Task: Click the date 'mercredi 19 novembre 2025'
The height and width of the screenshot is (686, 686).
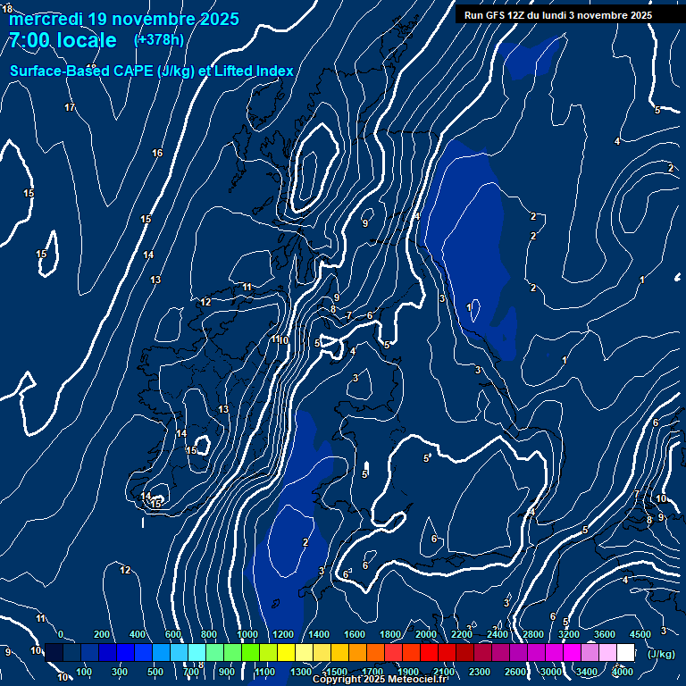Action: pos(123,19)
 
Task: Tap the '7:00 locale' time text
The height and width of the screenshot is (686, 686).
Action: pos(62,40)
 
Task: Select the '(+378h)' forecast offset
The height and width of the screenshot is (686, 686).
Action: pos(158,40)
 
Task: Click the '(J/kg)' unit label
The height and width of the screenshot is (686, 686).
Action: pos(660,654)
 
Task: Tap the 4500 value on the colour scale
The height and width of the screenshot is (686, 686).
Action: pos(640,634)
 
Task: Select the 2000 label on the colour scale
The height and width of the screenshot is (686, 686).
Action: pos(426,634)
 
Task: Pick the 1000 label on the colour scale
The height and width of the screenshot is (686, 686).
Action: pos(247,634)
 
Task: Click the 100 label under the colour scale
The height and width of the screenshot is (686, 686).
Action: pos(85,672)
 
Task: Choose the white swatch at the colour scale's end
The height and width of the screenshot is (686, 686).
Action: pos(625,653)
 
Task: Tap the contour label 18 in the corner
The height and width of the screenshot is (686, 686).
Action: pos(7,9)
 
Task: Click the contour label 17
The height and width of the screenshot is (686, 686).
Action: pos(70,108)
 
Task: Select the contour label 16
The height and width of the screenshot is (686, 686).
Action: pos(157,154)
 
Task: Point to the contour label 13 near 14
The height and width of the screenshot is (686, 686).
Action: pos(155,280)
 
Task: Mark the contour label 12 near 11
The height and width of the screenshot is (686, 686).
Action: pos(205,302)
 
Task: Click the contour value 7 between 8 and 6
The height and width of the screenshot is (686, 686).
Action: pos(348,315)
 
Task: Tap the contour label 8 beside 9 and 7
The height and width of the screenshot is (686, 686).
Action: pos(333,310)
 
